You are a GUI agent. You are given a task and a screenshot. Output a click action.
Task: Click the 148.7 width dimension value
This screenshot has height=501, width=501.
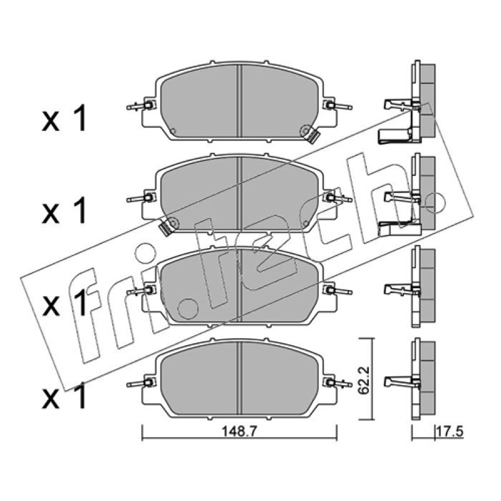pos(239,432)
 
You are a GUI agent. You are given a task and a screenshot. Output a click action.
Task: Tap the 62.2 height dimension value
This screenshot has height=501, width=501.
pos(364,381)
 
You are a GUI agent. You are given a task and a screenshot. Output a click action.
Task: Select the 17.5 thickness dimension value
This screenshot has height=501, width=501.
pos(450,432)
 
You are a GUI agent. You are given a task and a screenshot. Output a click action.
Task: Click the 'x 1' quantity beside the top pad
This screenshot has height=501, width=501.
pos(65,119)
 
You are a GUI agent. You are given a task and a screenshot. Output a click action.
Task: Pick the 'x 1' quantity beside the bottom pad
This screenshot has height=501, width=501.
pos(65,395)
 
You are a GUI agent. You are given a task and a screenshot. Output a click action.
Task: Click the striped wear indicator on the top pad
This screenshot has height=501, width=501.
pos(312,137)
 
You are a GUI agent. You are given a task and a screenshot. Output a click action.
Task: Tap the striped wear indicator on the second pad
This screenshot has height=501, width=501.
pos(166,228)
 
